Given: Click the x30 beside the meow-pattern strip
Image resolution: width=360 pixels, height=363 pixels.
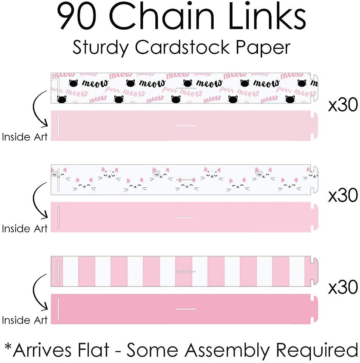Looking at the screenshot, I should pos(343,106).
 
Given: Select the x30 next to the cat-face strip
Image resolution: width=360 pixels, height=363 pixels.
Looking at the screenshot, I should pos(343,196).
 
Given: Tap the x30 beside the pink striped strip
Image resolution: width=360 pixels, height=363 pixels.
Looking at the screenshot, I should pos(343,288).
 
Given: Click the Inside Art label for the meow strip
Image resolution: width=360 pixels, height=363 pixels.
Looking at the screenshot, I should pos(25,137).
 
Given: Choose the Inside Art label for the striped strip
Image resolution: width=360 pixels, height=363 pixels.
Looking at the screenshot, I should pos(25,320).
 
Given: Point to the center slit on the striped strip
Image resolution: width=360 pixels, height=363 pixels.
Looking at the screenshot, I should pos(186,272).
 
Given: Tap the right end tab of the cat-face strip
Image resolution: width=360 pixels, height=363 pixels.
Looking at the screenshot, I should pos(314,180).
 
